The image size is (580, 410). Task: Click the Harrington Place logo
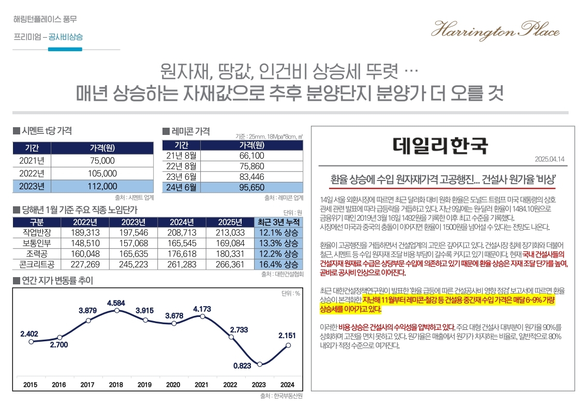coord(495,29)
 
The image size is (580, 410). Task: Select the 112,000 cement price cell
coord(102,186)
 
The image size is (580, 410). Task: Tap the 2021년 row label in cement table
coord(32,160)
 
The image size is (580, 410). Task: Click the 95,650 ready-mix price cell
coord(251,187)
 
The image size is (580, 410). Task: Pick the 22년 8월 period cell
coord(181,166)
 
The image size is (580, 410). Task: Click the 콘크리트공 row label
coord(35,264)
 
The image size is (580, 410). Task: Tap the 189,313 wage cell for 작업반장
coord(85,233)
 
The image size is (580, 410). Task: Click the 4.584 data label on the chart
coord(116,302)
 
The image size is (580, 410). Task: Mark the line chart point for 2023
coord(260,364)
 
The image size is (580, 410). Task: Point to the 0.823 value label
coord(242,366)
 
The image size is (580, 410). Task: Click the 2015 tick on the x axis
coord(31,385)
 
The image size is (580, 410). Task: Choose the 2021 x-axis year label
coord(202,385)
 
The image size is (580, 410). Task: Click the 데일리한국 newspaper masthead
coord(440,145)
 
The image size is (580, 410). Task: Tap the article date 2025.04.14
coord(549,159)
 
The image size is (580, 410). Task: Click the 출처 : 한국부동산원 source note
coord(281,397)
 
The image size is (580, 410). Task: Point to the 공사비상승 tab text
coord(65,37)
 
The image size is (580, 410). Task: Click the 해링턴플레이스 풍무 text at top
coord(46,20)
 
